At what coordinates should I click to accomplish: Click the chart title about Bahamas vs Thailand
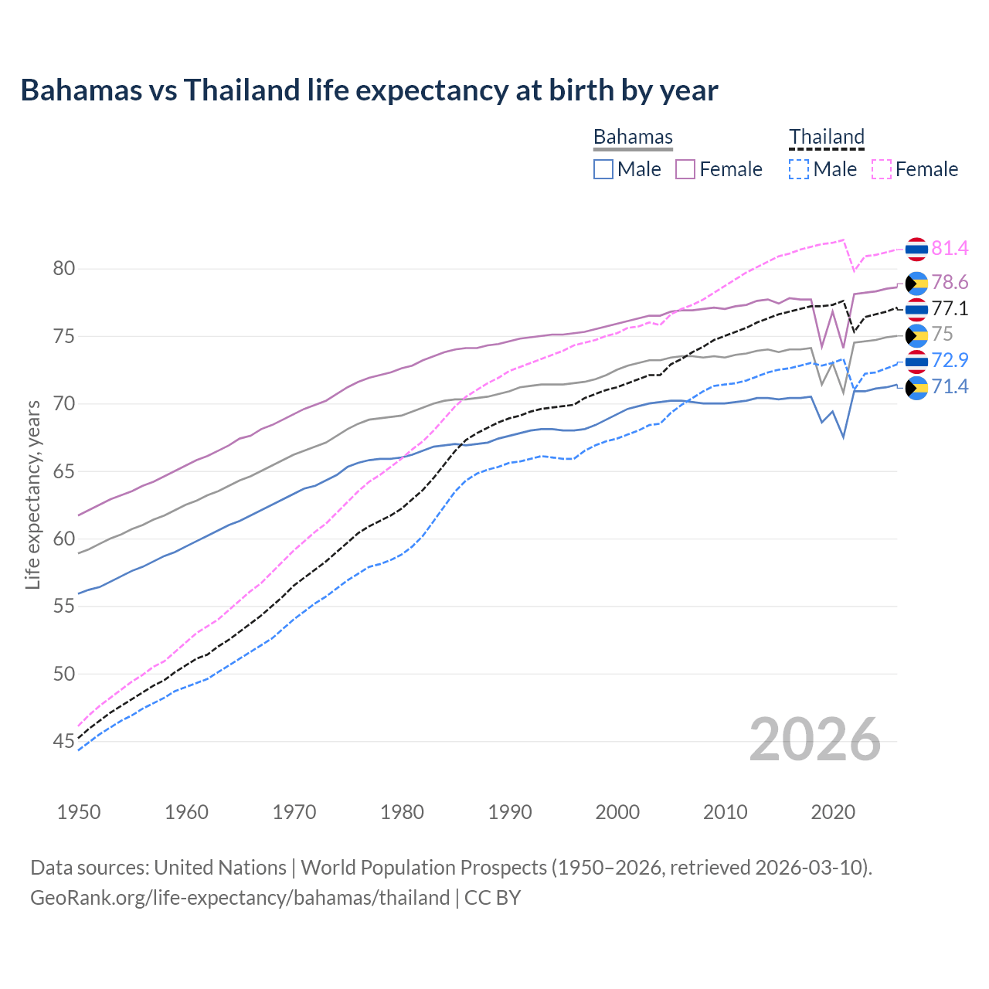tap(369, 90)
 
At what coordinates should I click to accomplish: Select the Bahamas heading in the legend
tap(633, 137)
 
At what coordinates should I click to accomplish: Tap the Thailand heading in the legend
tap(826, 137)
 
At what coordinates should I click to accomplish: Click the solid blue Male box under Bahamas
tap(603, 169)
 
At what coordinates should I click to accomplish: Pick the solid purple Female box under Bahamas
tap(685, 169)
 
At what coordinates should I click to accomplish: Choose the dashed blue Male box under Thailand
tap(799, 169)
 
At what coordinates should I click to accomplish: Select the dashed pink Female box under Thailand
tap(882, 169)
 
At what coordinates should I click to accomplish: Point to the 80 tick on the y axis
tap(64, 269)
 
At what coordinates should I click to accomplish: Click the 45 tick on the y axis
tap(64, 742)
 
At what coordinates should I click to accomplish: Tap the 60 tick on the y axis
tap(64, 539)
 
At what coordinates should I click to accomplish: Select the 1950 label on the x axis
tap(79, 812)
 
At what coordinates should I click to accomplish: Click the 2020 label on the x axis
tap(833, 812)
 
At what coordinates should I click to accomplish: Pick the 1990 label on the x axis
tap(510, 812)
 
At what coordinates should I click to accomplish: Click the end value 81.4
tap(950, 248)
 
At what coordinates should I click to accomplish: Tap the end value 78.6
tap(950, 283)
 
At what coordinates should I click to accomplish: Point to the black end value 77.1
tap(950, 309)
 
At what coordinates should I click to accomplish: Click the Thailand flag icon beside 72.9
tap(916, 361)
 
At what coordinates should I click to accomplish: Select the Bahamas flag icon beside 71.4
tap(916, 387)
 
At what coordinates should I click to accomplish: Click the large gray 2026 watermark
tap(815, 739)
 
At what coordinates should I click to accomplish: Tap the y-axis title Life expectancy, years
tap(32, 494)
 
